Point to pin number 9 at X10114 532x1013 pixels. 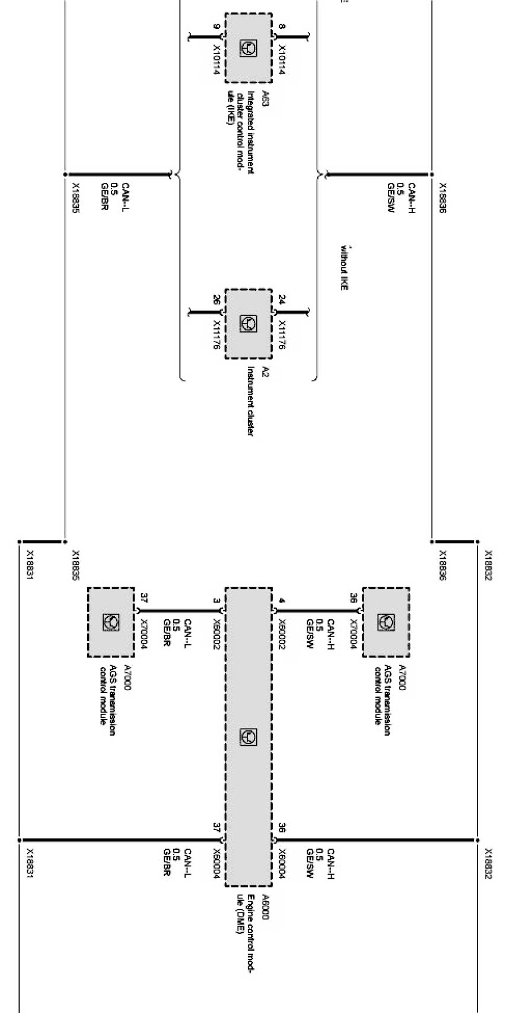click(x=216, y=27)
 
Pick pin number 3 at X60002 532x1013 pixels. click(x=216, y=601)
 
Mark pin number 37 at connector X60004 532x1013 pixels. click(x=216, y=826)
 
